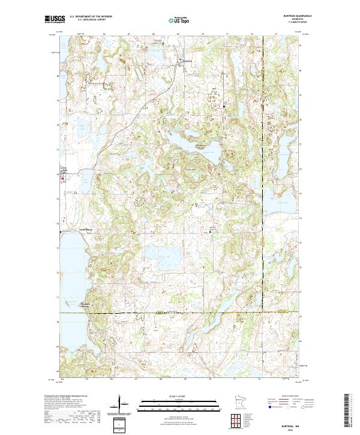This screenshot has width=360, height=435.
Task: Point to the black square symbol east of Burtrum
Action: tap(224, 107)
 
